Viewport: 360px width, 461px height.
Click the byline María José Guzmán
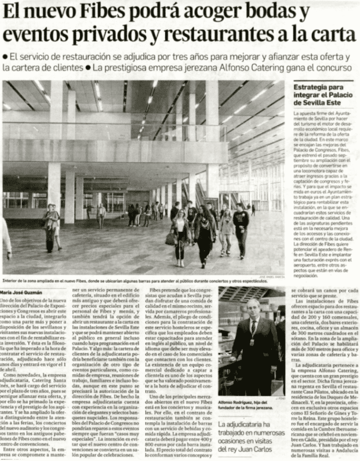(22, 292)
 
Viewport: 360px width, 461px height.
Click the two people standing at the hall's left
(52, 227)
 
